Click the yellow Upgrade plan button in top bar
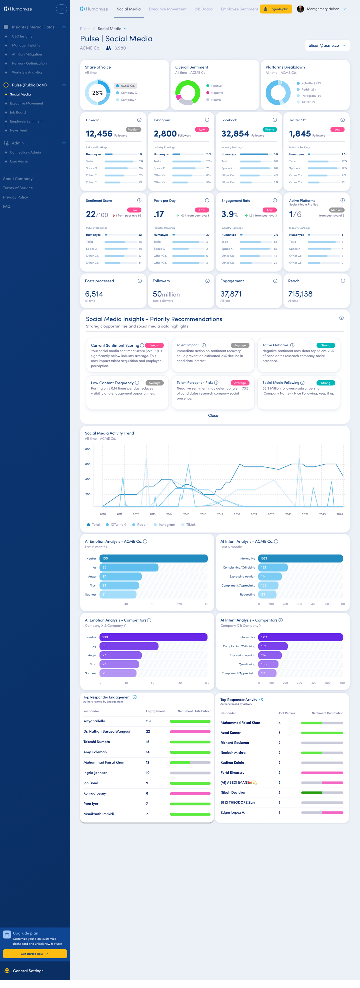pos(276,9)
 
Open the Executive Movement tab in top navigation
pos(167,9)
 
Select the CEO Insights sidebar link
pos(22,36)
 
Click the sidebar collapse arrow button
pos(61,9)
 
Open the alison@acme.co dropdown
pos(327,45)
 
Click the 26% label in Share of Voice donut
pos(97,93)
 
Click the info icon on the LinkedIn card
pos(139,120)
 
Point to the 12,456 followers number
pos(99,134)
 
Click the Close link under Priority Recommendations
pos(213,415)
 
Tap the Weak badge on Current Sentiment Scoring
pos(154,345)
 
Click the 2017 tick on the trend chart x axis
pos(220,514)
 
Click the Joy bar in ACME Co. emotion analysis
pos(129,567)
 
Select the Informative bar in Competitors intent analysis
pos(300,637)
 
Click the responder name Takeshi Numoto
pos(96,742)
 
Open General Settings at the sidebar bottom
pos(28,971)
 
